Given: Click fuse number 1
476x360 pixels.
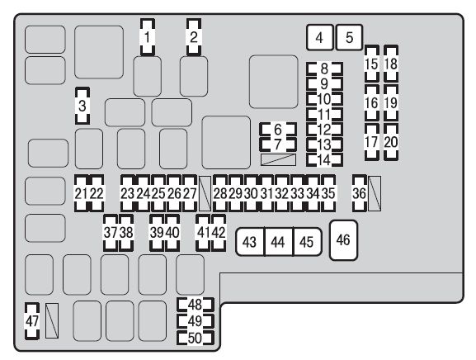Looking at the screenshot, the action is click(x=148, y=37).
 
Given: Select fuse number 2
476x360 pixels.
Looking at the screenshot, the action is click(x=194, y=37).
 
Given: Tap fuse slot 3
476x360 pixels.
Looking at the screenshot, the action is click(x=82, y=106).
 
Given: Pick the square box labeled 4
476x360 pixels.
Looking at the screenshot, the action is click(x=319, y=38).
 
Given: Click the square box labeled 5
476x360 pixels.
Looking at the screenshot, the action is click(x=350, y=38).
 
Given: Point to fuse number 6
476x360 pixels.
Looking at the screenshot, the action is click(x=278, y=130).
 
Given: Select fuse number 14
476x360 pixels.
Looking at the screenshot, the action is click(x=324, y=160).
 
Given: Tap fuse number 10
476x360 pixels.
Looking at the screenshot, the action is click(x=324, y=99).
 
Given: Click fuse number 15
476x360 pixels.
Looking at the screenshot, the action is click(x=372, y=64).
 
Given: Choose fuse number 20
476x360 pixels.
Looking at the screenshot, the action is click(x=391, y=142).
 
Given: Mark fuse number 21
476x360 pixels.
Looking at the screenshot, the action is click(x=82, y=193).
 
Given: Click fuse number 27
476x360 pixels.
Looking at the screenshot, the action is click(x=190, y=193).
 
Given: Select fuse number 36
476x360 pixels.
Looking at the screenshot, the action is click(x=360, y=193).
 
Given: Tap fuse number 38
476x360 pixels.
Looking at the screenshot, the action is click(x=126, y=233).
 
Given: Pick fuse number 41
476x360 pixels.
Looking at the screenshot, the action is click(x=203, y=233).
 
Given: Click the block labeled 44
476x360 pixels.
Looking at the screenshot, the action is click(x=278, y=242).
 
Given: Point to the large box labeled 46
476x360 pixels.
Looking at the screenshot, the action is click(x=343, y=240).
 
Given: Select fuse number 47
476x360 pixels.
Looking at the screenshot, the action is click(x=32, y=321).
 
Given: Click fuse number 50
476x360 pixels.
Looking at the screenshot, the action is click(x=196, y=339).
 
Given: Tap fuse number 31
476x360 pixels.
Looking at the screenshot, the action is click(x=266, y=193).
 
